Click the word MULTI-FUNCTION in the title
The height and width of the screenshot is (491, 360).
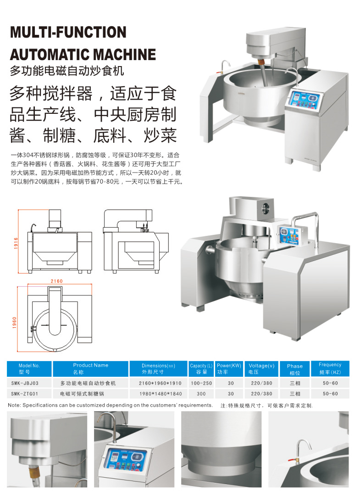point(68,32)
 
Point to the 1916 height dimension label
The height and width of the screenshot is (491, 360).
point(16,243)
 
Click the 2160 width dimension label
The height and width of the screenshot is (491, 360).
point(57,281)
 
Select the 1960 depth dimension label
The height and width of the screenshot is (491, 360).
point(14,323)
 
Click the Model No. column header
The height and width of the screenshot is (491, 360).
point(29,368)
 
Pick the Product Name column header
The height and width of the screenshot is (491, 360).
point(90,368)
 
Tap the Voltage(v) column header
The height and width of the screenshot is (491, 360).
point(261,368)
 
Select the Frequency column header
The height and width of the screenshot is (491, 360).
point(330,368)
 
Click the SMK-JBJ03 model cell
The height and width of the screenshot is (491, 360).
point(25,383)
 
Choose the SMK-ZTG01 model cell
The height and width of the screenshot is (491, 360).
point(25,394)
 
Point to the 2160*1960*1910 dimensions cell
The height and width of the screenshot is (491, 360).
point(160,383)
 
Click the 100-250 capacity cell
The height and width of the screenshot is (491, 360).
point(201,383)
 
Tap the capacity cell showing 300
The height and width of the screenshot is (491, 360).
point(201,394)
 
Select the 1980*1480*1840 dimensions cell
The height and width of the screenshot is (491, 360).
point(160,394)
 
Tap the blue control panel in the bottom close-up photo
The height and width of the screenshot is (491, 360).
point(125,459)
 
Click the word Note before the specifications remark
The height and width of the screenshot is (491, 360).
point(14,405)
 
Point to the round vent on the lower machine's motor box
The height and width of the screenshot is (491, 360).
point(266,208)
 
